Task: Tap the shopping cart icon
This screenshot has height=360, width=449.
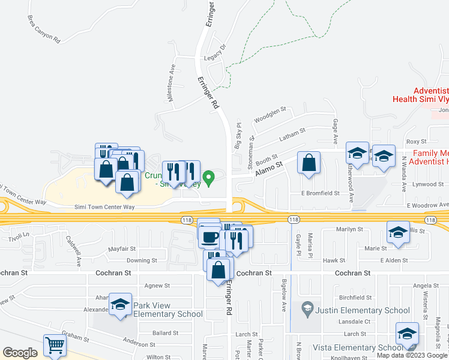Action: click(55, 345)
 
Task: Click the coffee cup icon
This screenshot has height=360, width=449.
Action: click(210, 236)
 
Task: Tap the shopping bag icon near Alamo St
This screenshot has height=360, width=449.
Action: click(309, 163)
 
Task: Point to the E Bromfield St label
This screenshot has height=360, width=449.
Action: click(320, 194)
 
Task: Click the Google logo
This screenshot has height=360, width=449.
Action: click(20, 353)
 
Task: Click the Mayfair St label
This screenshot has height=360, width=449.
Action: click(122, 248)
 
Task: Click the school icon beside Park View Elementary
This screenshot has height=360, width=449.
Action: click(120, 305)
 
